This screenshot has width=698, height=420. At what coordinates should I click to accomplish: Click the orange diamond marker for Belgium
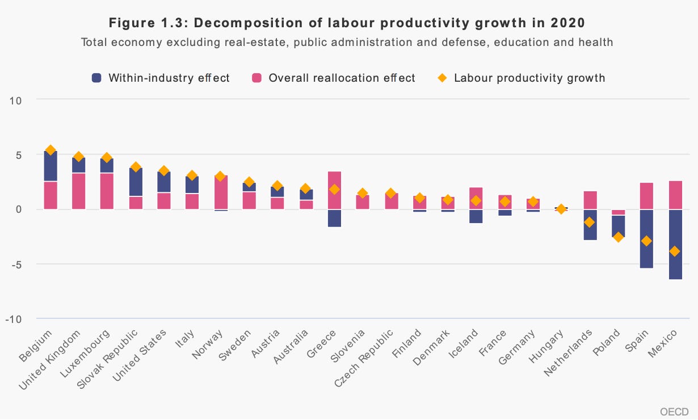[x=51, y=150]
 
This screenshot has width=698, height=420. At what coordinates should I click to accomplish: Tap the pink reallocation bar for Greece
[x=334, y=190]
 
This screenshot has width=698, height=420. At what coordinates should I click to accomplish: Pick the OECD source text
[x=674, y=411]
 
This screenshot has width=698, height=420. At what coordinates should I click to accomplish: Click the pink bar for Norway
[x=221, y=192]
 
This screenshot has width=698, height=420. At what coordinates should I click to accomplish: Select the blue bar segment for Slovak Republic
[x=136, y=182]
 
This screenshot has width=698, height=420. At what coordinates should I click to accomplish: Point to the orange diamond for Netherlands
[x=590, y=222]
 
